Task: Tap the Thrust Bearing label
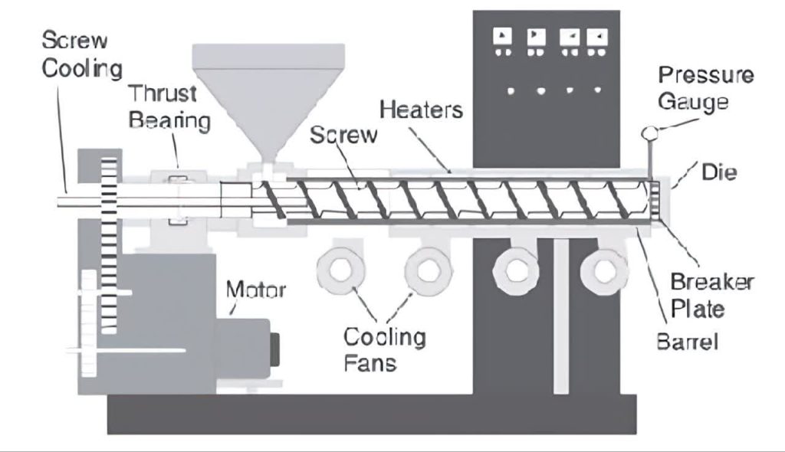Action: pos(169,107)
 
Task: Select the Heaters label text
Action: pos(421,109)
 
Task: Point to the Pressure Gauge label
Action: pos(705,88)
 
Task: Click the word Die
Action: pos(718,172)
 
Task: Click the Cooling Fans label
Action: pos(383,349)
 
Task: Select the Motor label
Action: pos(255,290)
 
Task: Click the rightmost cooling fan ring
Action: pos(604,270)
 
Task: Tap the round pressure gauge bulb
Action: pos(649,134)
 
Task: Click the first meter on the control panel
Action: pos(503,36)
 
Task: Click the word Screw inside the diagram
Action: pos(343,136)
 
